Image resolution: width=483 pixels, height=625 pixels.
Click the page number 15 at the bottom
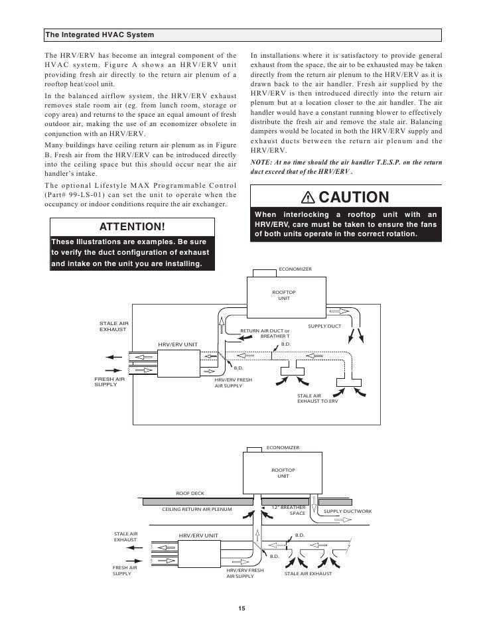pyautogui.click(x=241, y=610)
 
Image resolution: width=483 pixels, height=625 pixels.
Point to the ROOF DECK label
pyautogui.click(x=190, y=494)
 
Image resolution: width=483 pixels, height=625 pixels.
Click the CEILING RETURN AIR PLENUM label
pyautogui.click(x=197, y=510)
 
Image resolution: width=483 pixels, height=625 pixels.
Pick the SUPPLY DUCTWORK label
pyautogui.click(x=347, y=511)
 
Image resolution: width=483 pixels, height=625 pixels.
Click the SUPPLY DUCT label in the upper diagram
pyautogui.click(x=325, y=326)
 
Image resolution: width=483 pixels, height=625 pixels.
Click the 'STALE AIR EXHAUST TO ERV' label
pyautogui.click(x=317, y=399)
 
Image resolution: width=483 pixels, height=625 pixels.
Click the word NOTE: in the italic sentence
pyautogui.click(x=263, y=162)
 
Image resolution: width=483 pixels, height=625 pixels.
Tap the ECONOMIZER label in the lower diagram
pyautogui.click(x=283, y=448)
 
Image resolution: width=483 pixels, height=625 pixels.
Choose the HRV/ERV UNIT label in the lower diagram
pyautogui.click(x=198, y=535)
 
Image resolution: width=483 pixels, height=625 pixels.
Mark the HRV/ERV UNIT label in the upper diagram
pyautogui.click(x=178, y=344)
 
